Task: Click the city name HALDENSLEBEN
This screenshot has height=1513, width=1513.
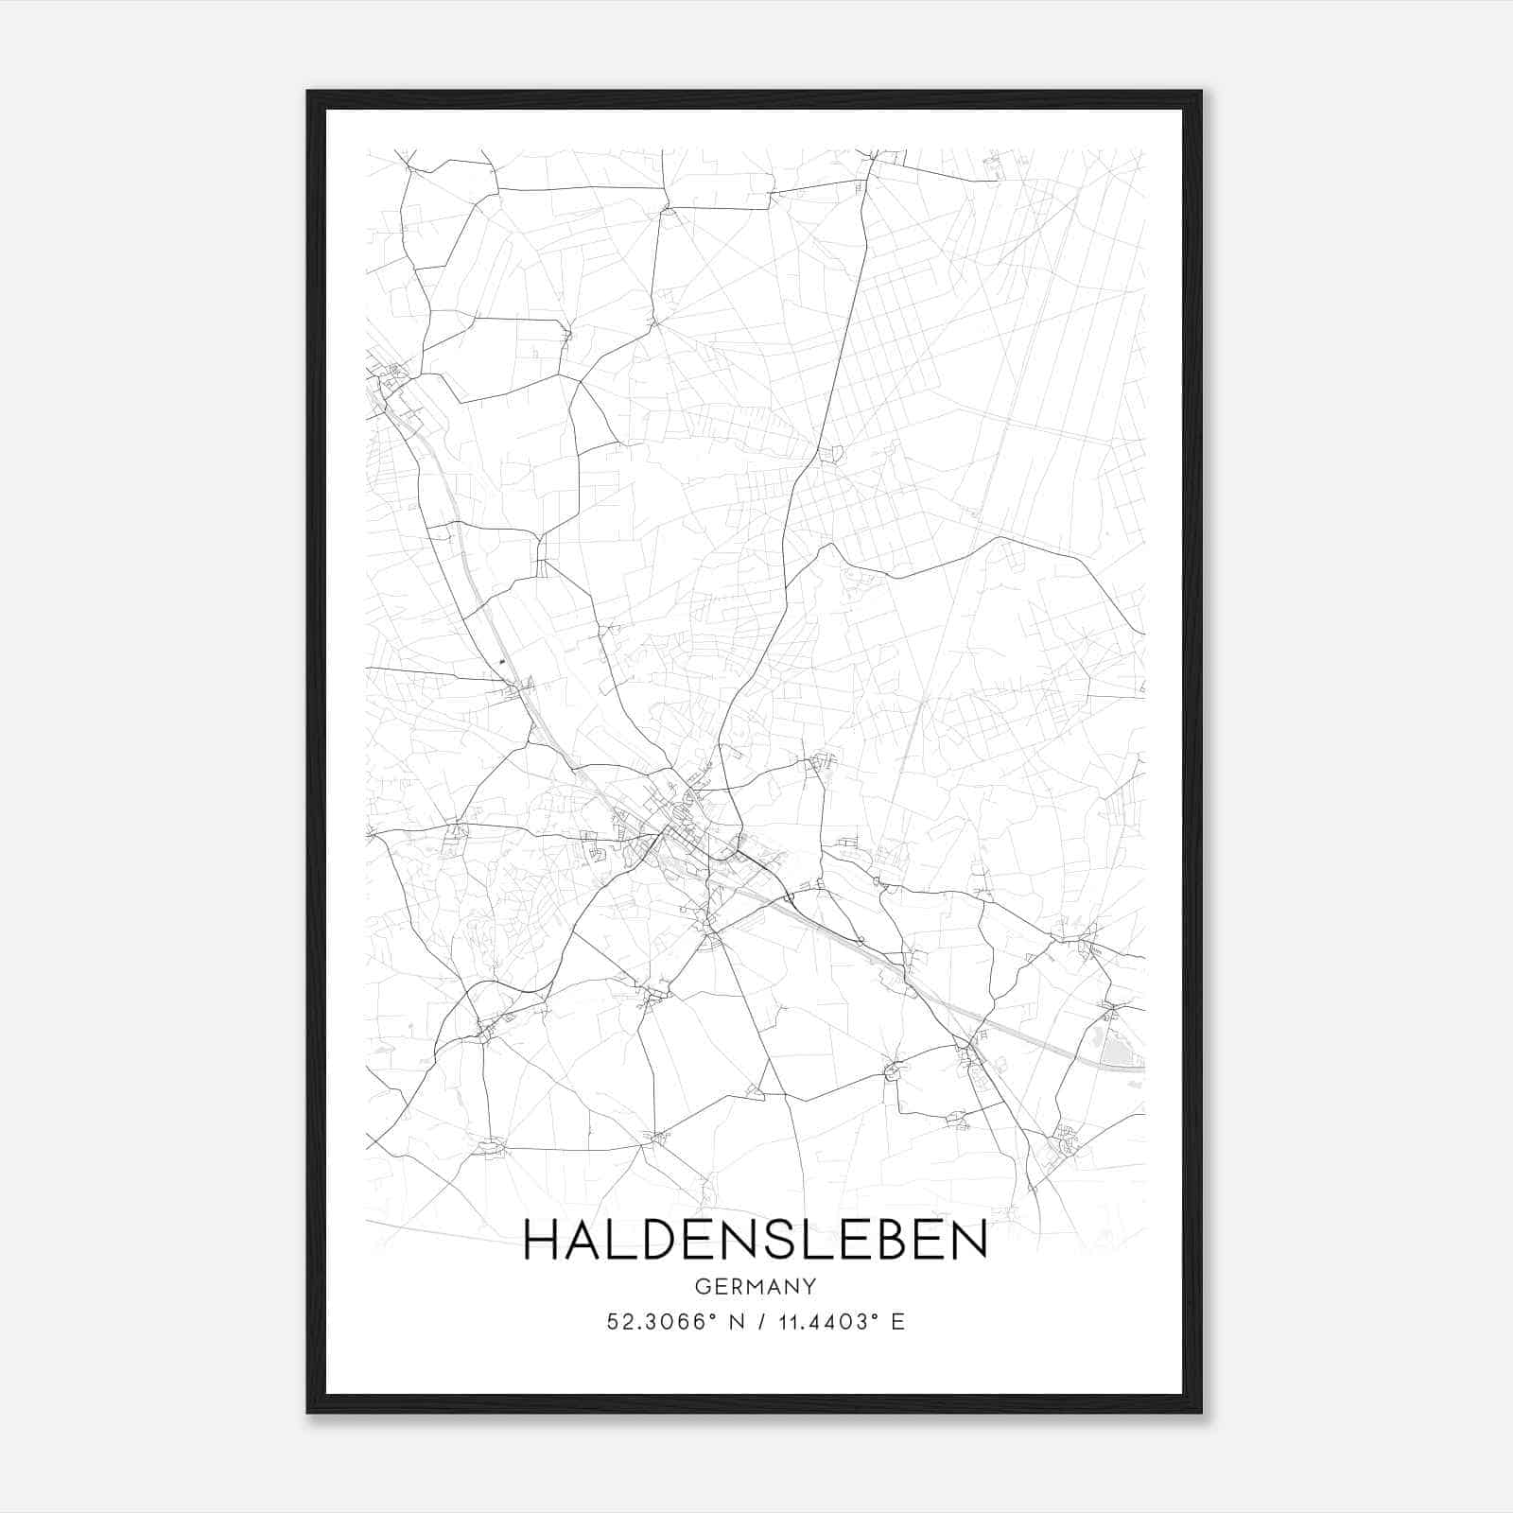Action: [x=755, y=1239]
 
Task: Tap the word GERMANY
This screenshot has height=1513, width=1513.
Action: [x=755, y=1286]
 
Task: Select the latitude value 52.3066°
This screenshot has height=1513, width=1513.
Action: [x=658, y=1322]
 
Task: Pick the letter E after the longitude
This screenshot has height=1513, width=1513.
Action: [x=897, y=1322]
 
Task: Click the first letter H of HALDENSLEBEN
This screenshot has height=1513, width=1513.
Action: [x=541, y=1239]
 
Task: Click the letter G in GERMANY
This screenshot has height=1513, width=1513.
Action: [x=702, y=1286]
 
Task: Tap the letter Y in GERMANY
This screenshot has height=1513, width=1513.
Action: [x=809, y=1286]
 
